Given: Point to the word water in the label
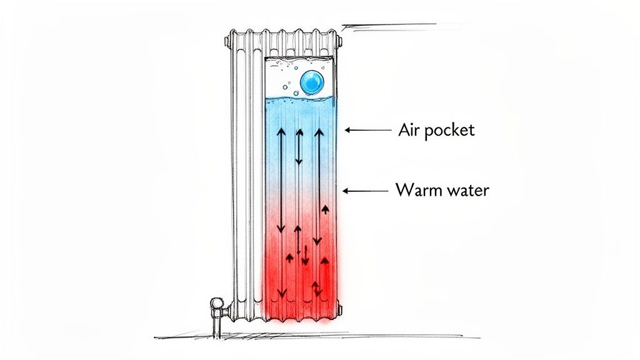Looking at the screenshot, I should pos(466,190).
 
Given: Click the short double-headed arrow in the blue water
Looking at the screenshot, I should pos(299,147).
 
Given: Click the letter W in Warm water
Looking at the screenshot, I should pos(404,189).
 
